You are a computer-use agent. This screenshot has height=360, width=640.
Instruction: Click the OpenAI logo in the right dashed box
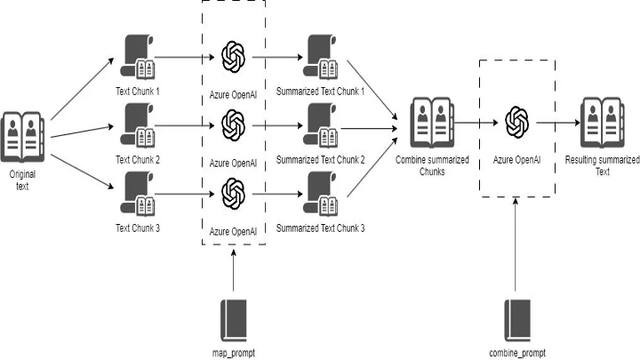point(516,124)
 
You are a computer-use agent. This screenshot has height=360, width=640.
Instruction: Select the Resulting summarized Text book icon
point(601,124)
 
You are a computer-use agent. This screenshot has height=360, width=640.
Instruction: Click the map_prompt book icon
point(232,319)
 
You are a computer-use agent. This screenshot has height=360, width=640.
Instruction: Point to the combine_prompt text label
point(516,352)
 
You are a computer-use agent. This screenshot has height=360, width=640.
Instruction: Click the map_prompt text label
point(232,352)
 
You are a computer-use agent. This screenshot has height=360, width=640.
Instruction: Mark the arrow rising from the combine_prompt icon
point(516,249)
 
